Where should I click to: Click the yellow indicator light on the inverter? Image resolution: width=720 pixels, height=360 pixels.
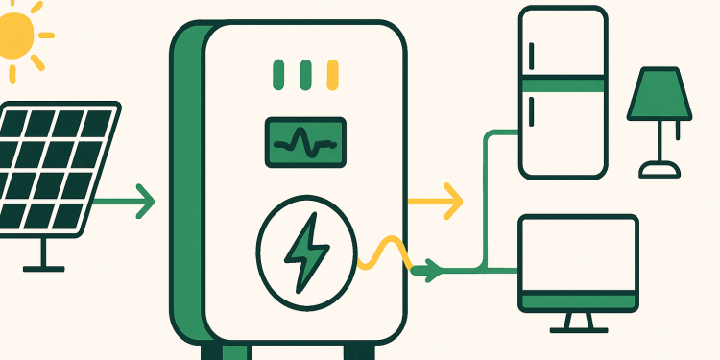(x=333, y=73)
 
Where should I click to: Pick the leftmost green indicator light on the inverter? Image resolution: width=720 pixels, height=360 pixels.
(x=279, y=73)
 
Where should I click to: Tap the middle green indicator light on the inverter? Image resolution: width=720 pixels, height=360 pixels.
(x=306, y=73)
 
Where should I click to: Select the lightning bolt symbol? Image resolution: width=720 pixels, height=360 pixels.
(x=306, y=252)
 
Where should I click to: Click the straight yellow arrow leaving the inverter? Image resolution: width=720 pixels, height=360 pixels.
(x=437, y=203)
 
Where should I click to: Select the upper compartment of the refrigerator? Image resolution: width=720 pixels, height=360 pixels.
(x=563, y=43)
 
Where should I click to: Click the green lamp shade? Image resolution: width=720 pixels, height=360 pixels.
(x=659, y=97)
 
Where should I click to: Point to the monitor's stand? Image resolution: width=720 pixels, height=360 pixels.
(x=578, y=322)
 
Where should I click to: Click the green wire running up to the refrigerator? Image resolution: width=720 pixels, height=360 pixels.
(x=488, y=192)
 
